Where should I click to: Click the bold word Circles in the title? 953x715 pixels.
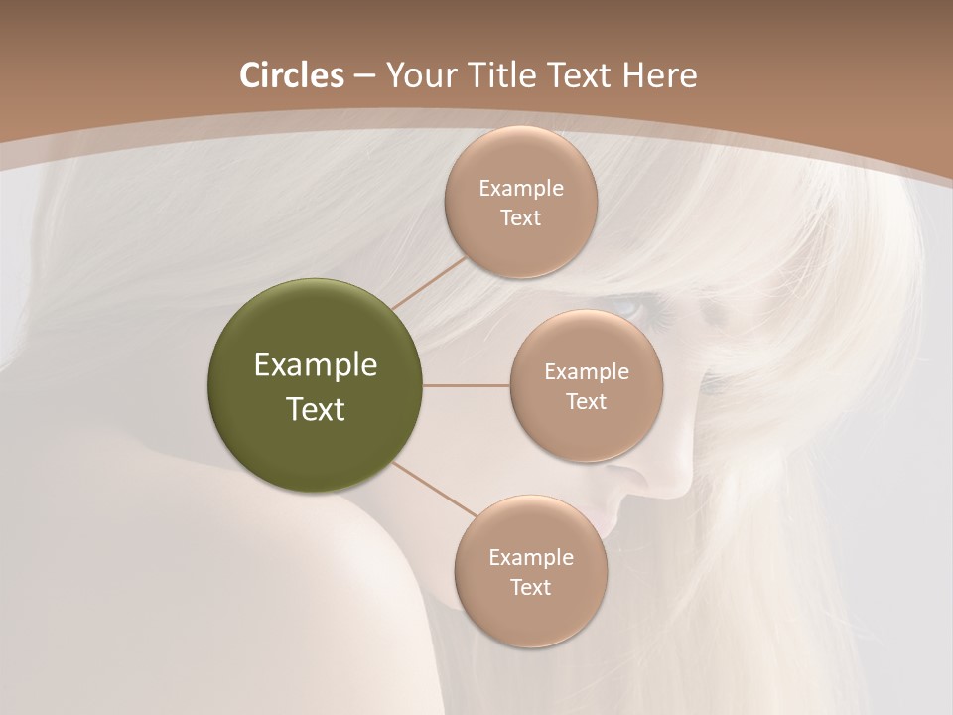(x=291, y=75)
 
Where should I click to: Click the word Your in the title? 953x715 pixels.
(x=415, y=75)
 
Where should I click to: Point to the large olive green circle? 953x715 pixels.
(x=315, y=385)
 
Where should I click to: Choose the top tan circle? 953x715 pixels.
(x=520, y=202)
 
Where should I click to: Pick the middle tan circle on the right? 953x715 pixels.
(x=586, y=385)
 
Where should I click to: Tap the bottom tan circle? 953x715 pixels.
(x=530, y=571)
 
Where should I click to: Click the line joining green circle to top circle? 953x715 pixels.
(x=429, y=281)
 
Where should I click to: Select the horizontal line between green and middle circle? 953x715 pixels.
(x=466, y=385)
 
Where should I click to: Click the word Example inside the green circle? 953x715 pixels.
(x=315, y=365)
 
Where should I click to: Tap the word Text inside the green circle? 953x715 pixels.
(x=315, y=409)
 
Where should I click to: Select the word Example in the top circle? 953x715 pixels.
(x=520, y=188)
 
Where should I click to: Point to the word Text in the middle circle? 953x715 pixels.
(x=586, y=401)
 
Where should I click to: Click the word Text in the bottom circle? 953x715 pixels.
(x=530, y=587)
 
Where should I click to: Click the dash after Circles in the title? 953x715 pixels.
(x=364, y=76)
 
